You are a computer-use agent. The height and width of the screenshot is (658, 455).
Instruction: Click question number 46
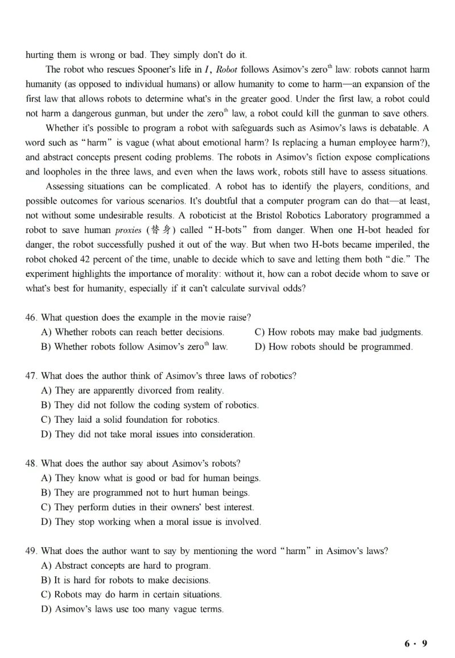pyautogui.click(x=32, y=317)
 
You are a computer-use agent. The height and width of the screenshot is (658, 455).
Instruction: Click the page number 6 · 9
pyautogui.click(x=416, y=643)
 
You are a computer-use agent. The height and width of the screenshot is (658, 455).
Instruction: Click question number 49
pyautogui.click(x=32, y=551)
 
